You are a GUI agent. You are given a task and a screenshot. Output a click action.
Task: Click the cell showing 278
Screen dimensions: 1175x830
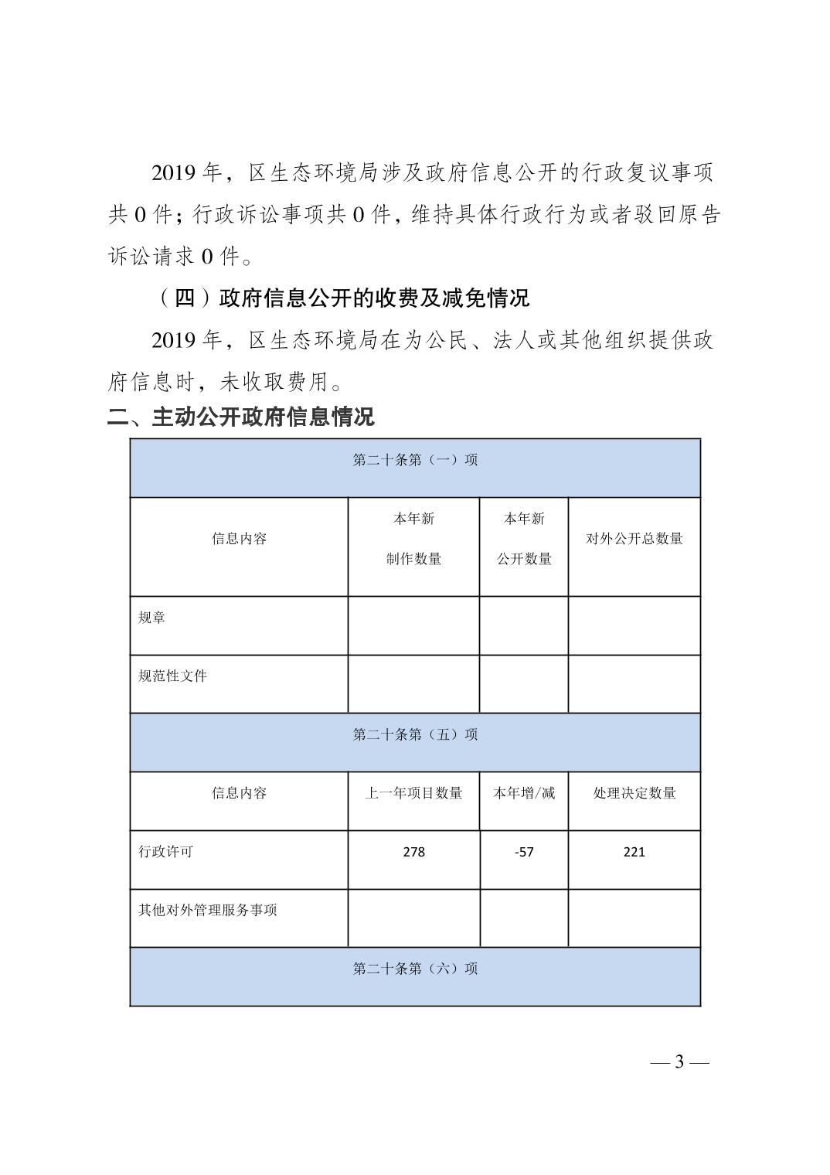click(413, 852)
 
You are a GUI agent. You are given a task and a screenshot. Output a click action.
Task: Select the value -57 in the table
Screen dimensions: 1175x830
click(524, 852)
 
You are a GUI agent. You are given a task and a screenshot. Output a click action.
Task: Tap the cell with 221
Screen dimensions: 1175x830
click(634, 852)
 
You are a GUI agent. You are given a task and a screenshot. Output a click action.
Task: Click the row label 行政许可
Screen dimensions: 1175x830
click(165, 852)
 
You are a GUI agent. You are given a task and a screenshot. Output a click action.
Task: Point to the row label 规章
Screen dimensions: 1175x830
click(151, 618)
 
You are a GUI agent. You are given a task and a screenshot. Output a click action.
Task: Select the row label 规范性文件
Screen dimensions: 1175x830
click(172, 676)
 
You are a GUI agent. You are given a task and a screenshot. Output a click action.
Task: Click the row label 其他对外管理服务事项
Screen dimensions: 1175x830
click(207, 910)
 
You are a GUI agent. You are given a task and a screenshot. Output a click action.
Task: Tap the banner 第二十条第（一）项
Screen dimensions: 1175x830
click(415, 460)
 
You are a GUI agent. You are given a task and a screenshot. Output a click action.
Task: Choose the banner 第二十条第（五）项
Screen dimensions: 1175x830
click(415, 734)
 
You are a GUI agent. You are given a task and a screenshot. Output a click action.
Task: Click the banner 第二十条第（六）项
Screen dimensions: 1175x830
click(415, 969)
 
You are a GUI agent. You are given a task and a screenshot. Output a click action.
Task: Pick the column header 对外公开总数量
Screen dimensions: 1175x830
click(634, 539)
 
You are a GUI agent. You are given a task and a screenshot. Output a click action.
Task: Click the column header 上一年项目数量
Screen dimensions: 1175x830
click(413, 793)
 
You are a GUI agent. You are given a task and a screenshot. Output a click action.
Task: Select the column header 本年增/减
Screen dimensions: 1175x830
click(524, 793)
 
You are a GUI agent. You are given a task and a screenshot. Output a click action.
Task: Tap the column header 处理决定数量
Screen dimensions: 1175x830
click(634, 793)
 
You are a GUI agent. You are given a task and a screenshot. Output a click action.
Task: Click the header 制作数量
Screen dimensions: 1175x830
click(413, 559)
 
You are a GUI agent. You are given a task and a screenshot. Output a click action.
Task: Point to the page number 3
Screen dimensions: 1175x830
click(679, 1061)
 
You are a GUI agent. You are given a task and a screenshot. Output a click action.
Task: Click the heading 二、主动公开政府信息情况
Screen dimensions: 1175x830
click(240, 417)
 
